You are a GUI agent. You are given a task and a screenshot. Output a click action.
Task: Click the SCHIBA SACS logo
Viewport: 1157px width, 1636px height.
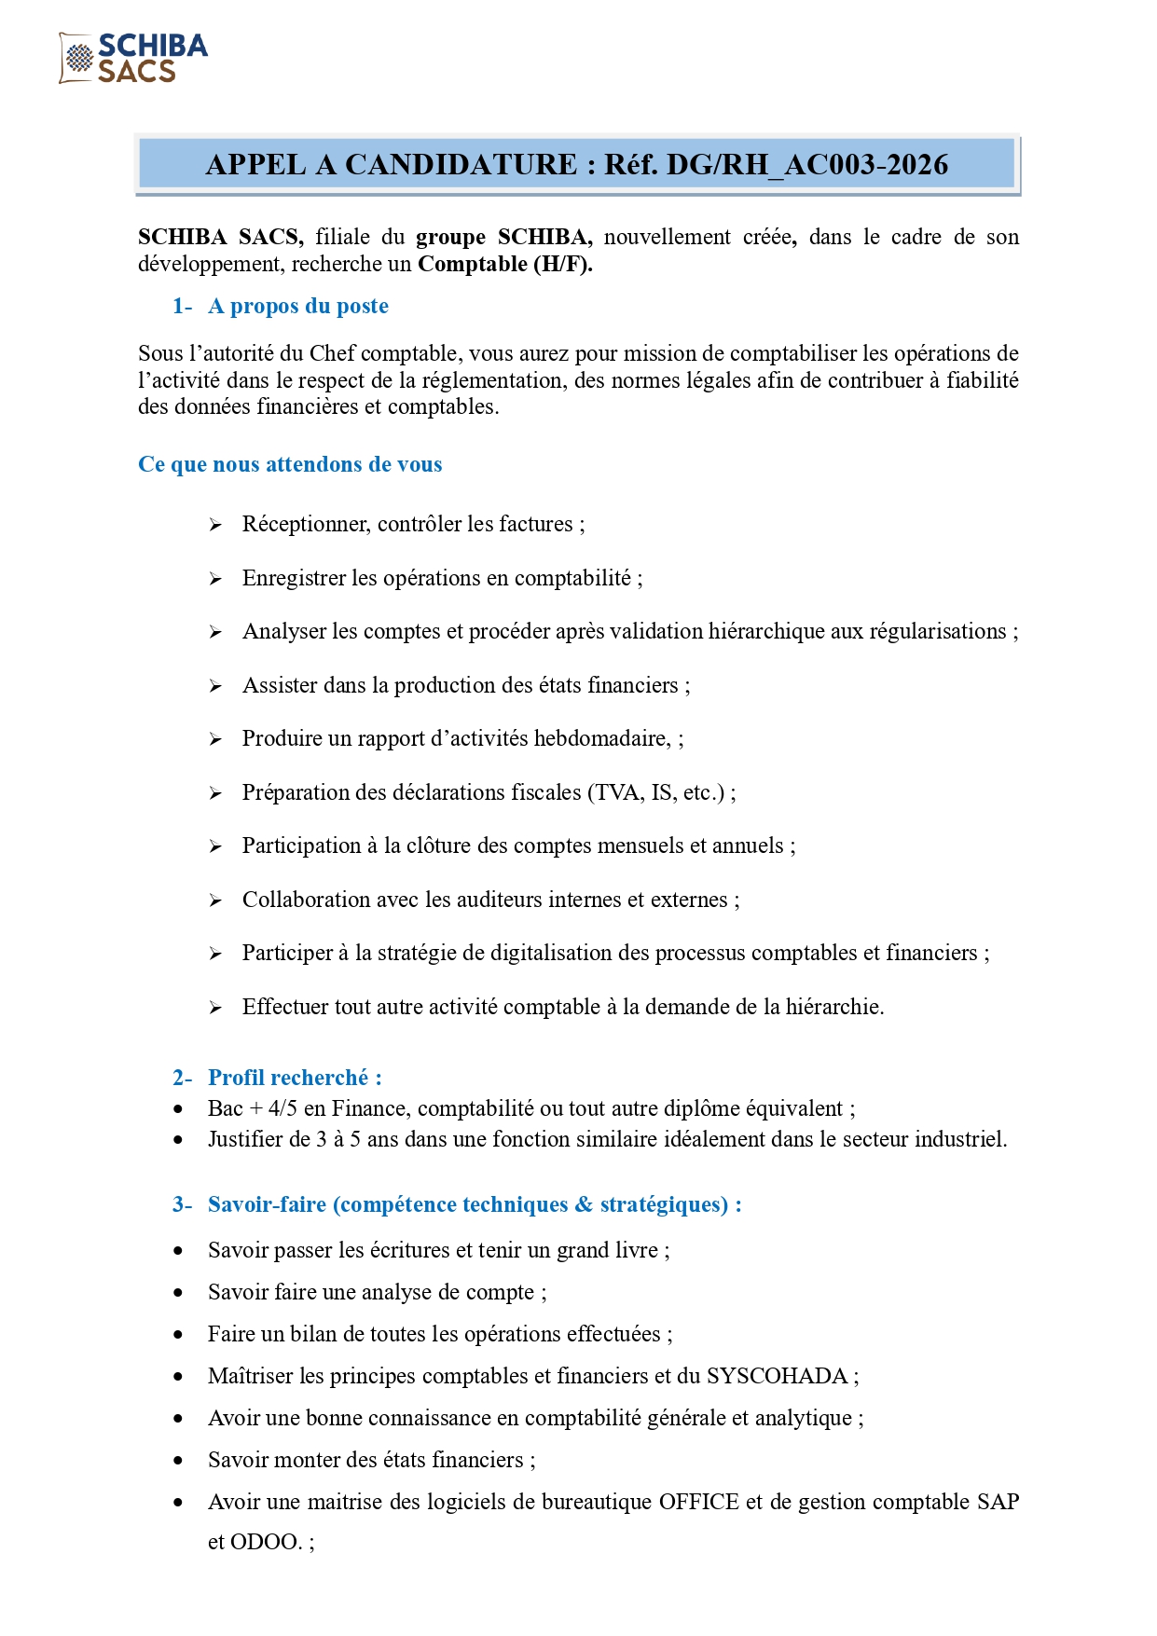click(133, 58)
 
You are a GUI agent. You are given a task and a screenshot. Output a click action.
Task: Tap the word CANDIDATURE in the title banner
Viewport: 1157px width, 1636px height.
click(461, 165)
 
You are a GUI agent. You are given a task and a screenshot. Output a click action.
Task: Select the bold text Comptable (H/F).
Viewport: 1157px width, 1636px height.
click(504, 264)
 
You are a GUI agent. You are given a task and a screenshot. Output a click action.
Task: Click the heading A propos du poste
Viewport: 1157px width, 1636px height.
click(297, 306)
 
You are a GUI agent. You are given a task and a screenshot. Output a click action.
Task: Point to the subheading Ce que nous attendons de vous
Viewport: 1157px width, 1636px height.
click(290, 464)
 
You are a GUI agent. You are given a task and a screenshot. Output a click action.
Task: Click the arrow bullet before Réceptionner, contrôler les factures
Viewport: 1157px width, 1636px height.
click(215, 526)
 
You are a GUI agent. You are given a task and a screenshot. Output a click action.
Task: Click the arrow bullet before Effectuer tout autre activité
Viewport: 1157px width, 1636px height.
click(215, 1008)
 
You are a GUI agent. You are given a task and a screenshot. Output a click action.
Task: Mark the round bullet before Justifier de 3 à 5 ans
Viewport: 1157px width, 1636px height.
click(178, 1139)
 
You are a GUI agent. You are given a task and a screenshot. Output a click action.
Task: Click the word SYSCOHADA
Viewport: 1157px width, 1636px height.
click(777, 1376)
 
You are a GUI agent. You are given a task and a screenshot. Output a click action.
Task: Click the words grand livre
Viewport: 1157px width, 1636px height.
click(607, 1250)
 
